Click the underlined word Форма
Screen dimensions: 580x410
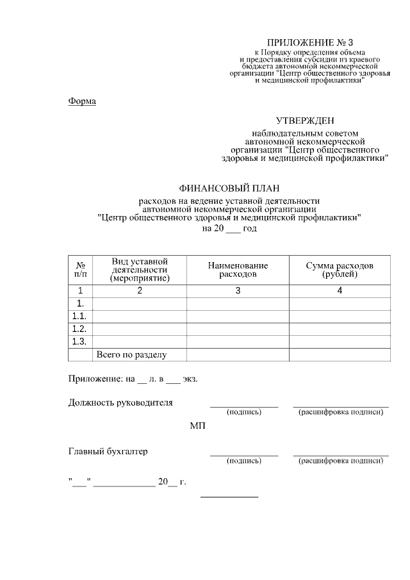(x=82, y=101)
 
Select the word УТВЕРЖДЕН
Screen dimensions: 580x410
(x=305, y=120)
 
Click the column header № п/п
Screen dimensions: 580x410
(x=81, y=270)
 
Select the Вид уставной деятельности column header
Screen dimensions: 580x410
(x=140, y=270)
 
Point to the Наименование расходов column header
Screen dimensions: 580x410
(x=238, y=270)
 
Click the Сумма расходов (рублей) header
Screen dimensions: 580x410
(x=340, y=270)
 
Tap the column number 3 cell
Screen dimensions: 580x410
(x=238, y=291)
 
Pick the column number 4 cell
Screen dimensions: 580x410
(x=340, y=291)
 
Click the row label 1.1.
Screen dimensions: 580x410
(x=80, y=316)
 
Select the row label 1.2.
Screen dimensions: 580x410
(x=80, y=328)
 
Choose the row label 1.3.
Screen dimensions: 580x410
(x=80, y=341)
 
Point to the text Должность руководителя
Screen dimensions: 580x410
(x=120, y=403)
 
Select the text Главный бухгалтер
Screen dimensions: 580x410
(x=108, y=451)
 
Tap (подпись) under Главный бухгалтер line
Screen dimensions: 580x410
(x=244, y=461)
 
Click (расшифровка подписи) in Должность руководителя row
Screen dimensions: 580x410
(x=341, y=412)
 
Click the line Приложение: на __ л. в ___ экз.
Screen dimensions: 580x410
(x=133, y=379)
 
